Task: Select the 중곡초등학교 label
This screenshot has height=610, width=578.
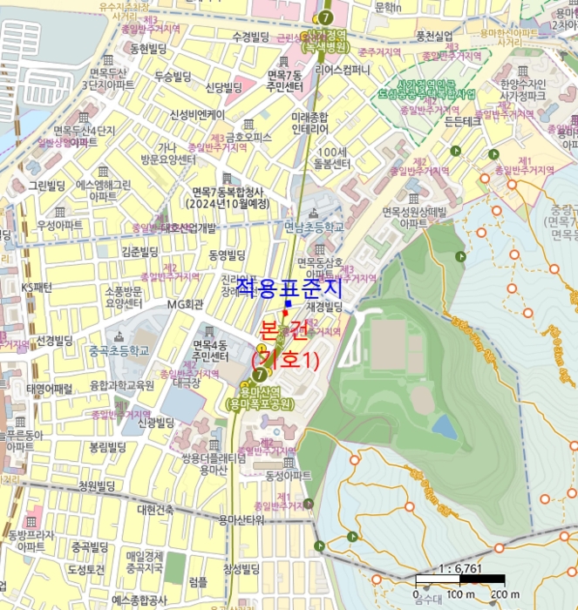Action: pyautogui.click(x=119, y=350)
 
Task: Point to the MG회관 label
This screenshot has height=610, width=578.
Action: pyautogui.click(x=186, y=304)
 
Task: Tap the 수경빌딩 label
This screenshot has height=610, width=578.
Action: pyautogui.click(x=251, y=37)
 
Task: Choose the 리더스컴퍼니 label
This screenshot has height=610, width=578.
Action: pyautogui.click(x=343, y=70)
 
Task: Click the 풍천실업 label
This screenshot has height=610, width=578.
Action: pyautogui.click(x=434, y=36)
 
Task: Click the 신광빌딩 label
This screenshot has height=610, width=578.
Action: pyautogui.click(x=156, y=423)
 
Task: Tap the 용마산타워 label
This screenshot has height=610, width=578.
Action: pyautogui.click(x=241, y=520)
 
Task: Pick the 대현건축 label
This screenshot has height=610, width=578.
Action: pyautogui.click(x=155, y=509)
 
